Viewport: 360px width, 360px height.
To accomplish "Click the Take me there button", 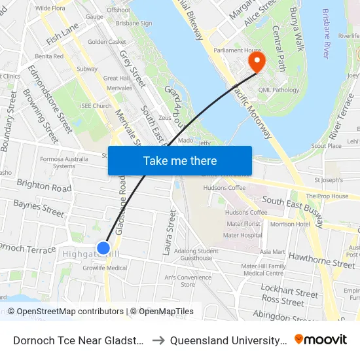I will point(180,160).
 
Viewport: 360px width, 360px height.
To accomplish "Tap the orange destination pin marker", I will point(255,62).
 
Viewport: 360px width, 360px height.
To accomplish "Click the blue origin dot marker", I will point(103,247).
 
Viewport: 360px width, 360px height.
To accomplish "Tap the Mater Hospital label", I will point(242,235).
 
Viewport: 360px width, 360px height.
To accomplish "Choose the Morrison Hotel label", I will point(290,224).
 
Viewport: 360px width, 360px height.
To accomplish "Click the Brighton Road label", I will point(45,186).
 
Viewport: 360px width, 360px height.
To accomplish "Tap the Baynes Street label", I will point(39,208).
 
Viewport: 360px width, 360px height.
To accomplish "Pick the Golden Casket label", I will point(107,41).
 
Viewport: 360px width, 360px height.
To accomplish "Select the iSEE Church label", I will point(96,105).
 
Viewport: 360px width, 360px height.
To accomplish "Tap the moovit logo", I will point(321,339).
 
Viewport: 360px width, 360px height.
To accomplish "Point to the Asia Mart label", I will point(272,251).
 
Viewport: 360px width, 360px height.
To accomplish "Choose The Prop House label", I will point(327,196).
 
